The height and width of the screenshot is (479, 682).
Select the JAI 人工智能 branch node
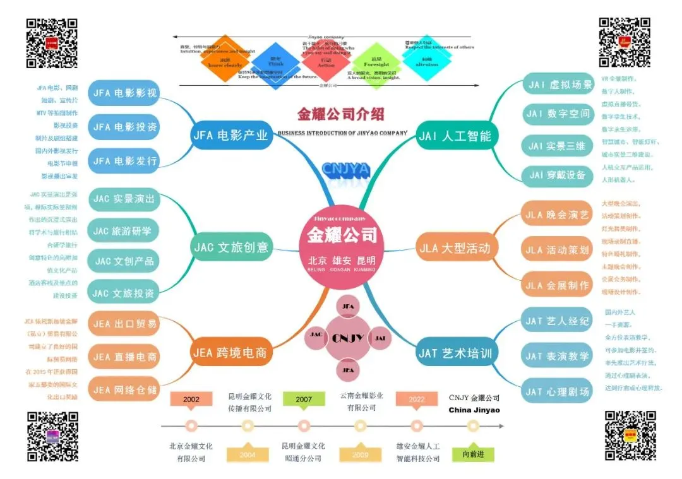(454, 136)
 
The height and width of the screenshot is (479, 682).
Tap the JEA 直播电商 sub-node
(124, 357)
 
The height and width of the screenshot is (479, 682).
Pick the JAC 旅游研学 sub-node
(123, 231)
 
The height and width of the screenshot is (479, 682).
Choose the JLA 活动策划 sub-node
(557, 250)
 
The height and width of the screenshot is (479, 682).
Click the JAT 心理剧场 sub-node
(557, 392)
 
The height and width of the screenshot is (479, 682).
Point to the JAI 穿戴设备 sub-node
(557, 175)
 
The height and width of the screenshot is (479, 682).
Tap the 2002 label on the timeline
(191, 399)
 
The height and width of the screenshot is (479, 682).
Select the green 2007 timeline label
(304, 399)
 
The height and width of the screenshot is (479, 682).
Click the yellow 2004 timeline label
(248, 454)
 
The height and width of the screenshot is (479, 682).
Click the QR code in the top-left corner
(52, 43)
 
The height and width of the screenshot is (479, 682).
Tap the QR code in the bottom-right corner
(630, 435)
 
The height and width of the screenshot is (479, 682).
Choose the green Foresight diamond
(377, 63)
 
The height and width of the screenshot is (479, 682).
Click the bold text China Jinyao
(474, 410)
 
